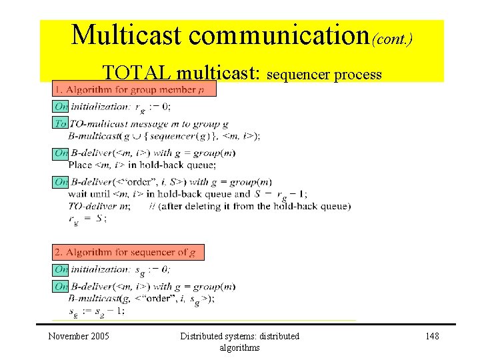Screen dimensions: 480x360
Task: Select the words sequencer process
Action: coord(324,74)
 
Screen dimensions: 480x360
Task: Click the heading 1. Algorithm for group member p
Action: coord(134,89)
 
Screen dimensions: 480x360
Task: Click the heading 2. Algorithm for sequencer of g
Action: coord(129,252)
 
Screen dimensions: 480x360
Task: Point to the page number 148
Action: coord(432,336)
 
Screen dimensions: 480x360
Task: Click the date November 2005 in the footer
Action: coord(79,336)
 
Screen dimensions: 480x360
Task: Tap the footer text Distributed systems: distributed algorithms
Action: coord(239,341)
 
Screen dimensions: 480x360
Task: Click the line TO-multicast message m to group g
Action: coord(149,124)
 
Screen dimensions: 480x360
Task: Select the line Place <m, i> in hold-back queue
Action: coord(142,165)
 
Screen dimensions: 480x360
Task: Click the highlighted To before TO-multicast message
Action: coord(61,123)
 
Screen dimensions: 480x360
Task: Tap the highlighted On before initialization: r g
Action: coord(61,106)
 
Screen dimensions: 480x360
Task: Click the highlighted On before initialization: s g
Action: coord(61,269)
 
